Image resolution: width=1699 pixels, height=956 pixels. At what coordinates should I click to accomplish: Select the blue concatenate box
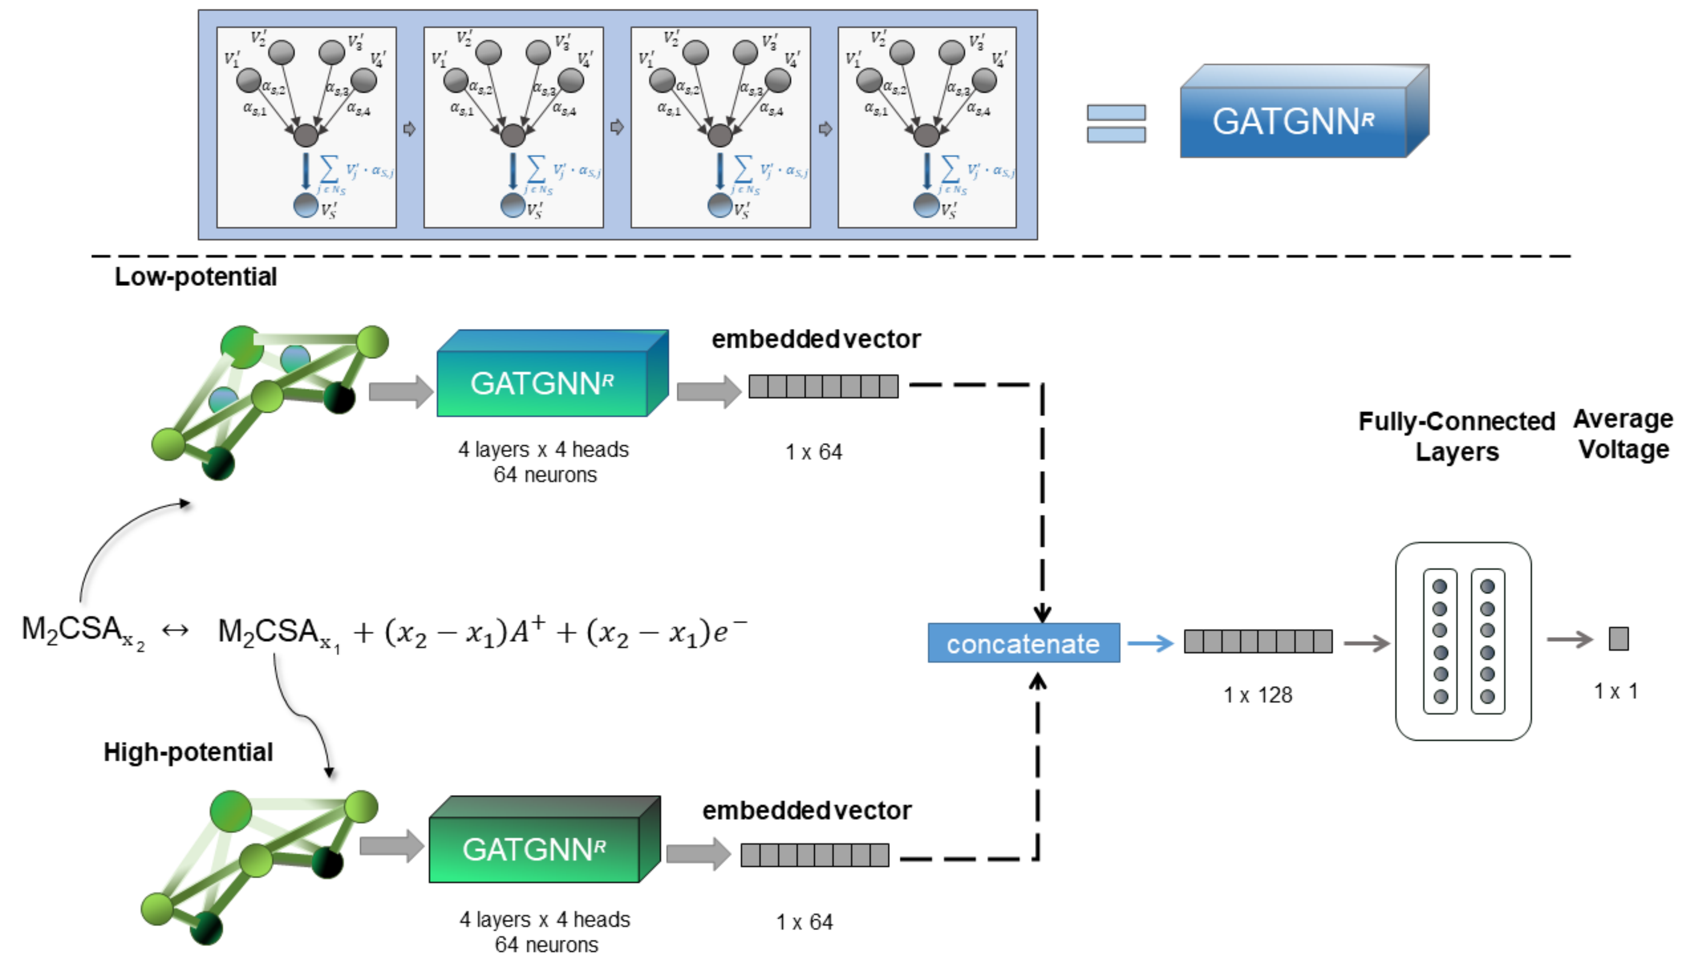(1023, 642)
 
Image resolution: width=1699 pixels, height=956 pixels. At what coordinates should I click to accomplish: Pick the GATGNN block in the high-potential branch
(535, 848)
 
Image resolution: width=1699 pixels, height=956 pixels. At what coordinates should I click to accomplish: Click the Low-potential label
(196, 277)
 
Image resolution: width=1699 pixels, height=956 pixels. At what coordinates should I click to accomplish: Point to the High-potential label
(188, 752)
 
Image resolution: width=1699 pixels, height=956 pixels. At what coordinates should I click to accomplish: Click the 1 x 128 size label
(1257, 695)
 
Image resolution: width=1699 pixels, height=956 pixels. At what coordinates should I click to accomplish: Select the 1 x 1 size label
(1615, 691)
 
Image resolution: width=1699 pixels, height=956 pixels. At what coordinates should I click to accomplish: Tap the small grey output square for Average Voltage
(1619, 638)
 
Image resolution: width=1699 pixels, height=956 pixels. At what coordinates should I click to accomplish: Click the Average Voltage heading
(1623, 434)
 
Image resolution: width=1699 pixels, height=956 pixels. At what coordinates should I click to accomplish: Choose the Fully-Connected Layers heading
(1456, 436)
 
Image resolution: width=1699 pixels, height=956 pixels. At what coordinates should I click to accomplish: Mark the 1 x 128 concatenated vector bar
(1258, 641)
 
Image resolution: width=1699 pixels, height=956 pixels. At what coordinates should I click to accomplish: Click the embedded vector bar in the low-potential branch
(823, 386)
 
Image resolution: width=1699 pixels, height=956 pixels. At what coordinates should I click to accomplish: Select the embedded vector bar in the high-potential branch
(815, 855)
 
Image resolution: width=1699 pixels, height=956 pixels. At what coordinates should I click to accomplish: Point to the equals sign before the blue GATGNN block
(1116, 123)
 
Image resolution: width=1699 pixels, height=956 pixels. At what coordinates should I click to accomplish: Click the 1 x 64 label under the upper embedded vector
(813, 452)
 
